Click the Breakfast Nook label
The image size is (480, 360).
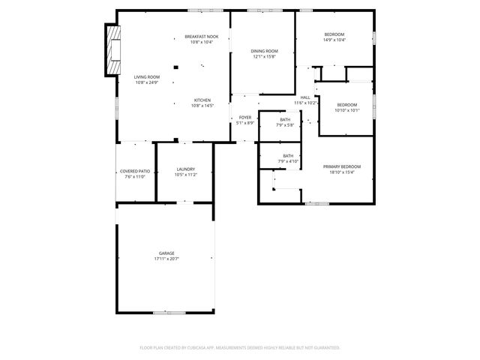[x=202, y=37]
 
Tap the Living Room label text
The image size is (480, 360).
[x=147, y=77]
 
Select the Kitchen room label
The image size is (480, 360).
[x=202, y=100]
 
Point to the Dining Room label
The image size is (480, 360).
[x=265, y=51]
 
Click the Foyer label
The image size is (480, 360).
[x=245, y=118]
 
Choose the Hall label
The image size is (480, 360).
[x=305, y=97]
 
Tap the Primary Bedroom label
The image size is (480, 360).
[x=342, y=166]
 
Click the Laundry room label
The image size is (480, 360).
[x=186, y=169]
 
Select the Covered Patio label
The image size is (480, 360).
[x=136, y=171]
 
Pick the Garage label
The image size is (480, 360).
[x=166, y=253]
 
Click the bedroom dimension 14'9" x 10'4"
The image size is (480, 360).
[x=334, y=40]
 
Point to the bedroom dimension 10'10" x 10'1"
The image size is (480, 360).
[x=347, y=110]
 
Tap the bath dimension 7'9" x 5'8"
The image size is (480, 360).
[x=285, y=125]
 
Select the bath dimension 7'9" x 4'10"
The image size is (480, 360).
[x=288, y=161]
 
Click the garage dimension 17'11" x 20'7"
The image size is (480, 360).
[x=166, y=259]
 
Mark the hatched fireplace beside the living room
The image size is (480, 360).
[x=112, y=50]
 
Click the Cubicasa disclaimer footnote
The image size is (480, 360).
[x=240, y=348]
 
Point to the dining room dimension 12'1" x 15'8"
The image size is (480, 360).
[x=265, y=56]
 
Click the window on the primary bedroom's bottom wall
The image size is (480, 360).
[x=317, y=203]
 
